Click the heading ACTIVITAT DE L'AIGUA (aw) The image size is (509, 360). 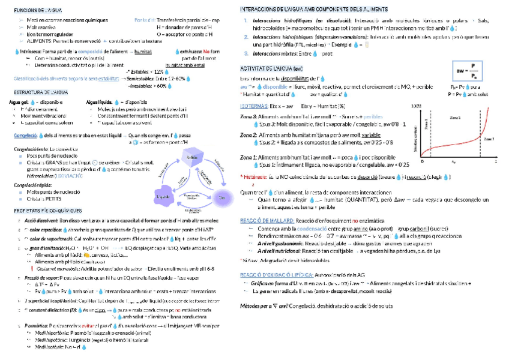271,69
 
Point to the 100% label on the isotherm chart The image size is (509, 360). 417,106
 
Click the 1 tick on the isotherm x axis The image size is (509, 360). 496,162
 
